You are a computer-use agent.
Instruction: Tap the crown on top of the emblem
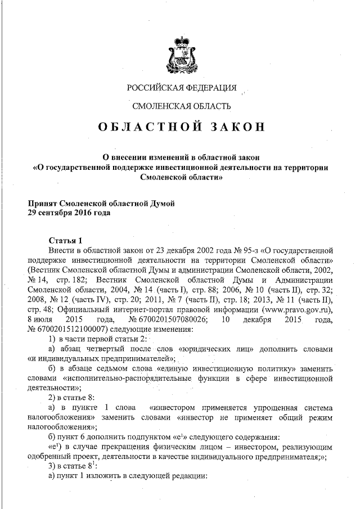tap(179, 40)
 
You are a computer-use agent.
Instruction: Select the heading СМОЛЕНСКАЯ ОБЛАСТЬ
tap(181, 106)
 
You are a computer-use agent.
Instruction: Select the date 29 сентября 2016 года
tap(61, 213)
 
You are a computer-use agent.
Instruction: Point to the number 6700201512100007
tap(65, 331)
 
